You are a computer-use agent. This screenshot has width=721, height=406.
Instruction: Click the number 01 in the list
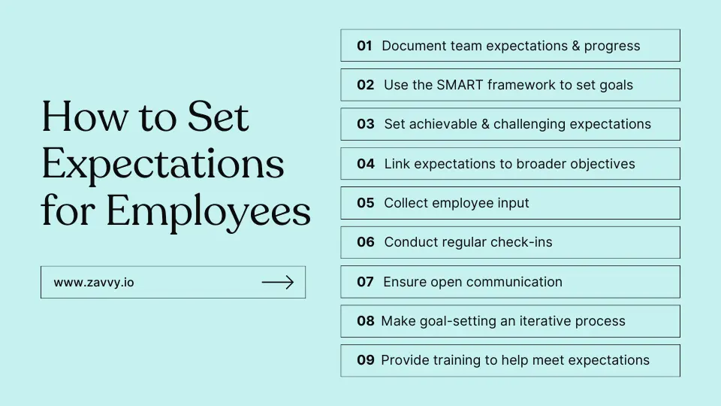(x=364, y=46)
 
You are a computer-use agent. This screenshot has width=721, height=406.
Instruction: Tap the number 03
(x=366, y=124)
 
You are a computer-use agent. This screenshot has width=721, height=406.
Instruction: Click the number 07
(x=365, y=282)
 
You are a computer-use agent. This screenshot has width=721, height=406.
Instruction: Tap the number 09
(x=366, y=360)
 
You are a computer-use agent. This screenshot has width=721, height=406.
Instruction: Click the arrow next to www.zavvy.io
(x=278, y=282)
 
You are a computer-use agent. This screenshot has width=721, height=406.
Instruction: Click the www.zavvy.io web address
(x=94, y=282)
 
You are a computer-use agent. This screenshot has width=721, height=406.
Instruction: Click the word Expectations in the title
(x=163, y=165)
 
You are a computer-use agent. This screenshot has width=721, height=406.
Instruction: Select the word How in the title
(x=85, y=116)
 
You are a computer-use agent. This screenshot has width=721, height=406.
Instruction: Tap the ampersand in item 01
(x=576, y=46)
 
